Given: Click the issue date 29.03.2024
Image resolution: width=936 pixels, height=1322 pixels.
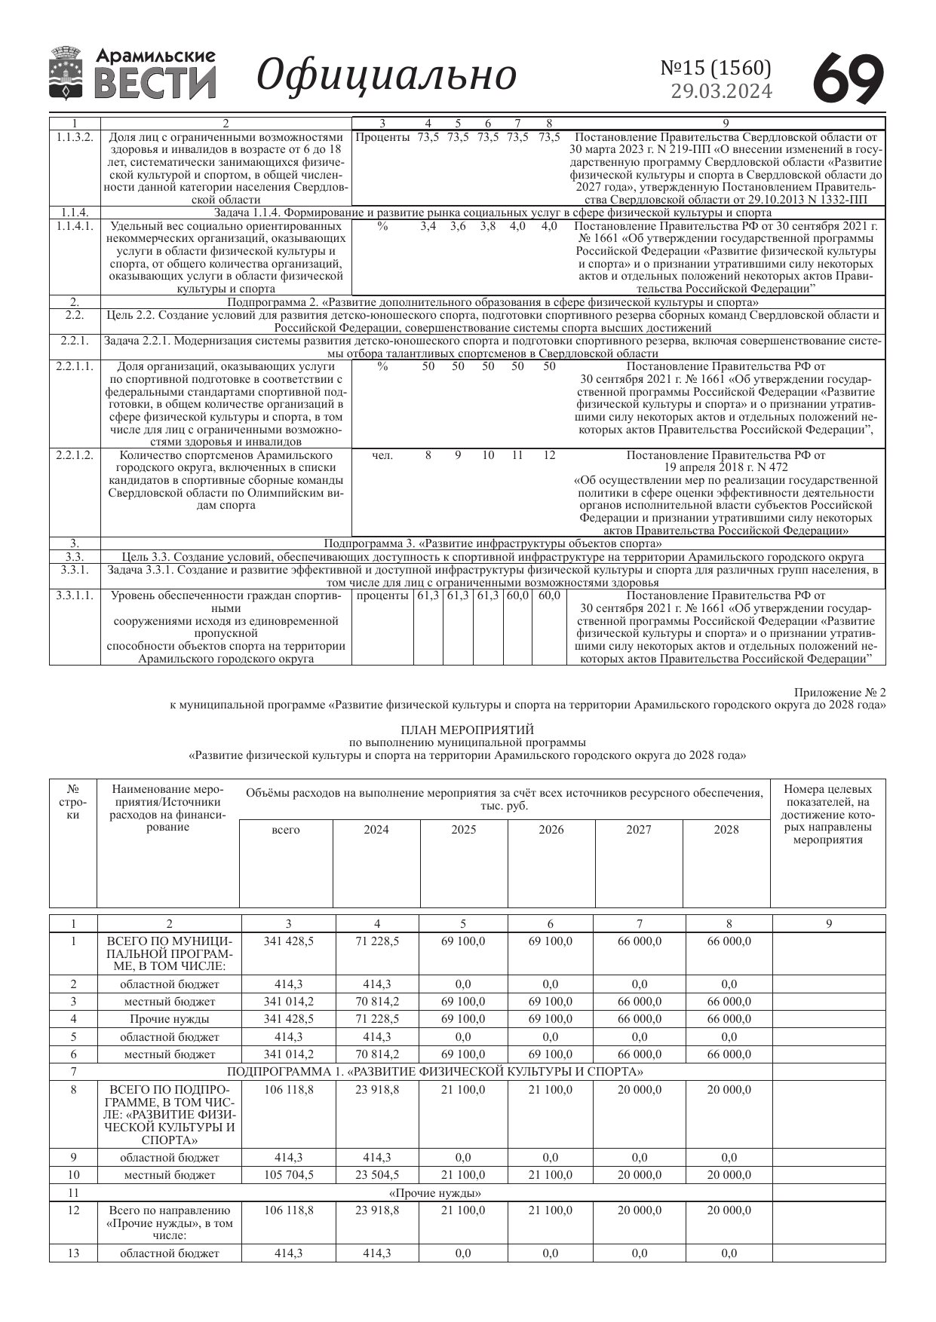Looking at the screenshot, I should point(721,91).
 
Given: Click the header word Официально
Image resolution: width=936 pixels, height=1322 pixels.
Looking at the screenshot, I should point(386,75).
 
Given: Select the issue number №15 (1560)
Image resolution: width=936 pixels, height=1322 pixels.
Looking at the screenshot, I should point(716,68).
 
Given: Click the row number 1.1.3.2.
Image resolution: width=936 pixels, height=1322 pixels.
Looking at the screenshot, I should point(75,137).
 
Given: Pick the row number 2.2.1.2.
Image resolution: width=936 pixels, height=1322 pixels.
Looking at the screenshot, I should point(75,455).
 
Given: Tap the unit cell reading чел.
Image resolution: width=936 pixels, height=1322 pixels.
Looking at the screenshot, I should point(382,455).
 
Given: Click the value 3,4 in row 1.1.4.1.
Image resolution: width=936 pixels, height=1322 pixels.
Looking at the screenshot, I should point(428,226).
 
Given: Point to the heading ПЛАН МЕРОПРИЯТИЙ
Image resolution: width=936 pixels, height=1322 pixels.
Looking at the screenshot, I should point(467,730).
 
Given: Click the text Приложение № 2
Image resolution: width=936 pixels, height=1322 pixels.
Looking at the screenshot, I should point(839,692).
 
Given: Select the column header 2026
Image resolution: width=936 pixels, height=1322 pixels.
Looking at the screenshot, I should point(551,830).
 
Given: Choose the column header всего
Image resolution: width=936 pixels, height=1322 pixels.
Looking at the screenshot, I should point(286,830).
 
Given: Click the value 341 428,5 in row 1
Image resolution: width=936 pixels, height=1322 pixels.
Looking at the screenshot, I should point(289,941).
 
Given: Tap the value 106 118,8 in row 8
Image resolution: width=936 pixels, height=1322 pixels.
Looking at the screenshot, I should point(289,1090).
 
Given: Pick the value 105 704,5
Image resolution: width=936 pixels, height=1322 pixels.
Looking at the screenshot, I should point(289,1175).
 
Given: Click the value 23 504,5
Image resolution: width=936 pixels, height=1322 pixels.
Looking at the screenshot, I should point(377,1175).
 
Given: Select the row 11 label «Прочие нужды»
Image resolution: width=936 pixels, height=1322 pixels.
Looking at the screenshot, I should point(435,1193).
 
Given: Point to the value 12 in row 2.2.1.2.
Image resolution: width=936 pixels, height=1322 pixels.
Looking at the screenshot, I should point(549,455).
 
